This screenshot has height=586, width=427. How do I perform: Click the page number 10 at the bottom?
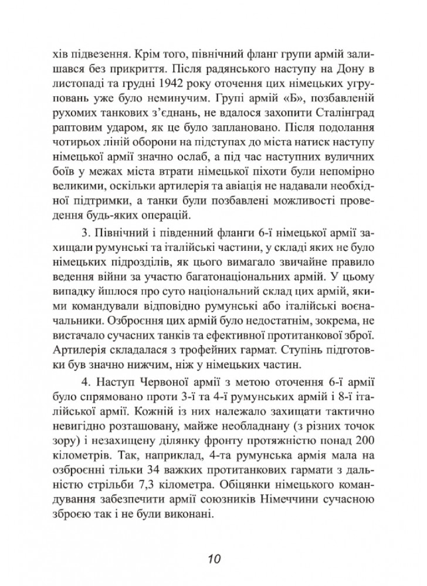213,557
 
